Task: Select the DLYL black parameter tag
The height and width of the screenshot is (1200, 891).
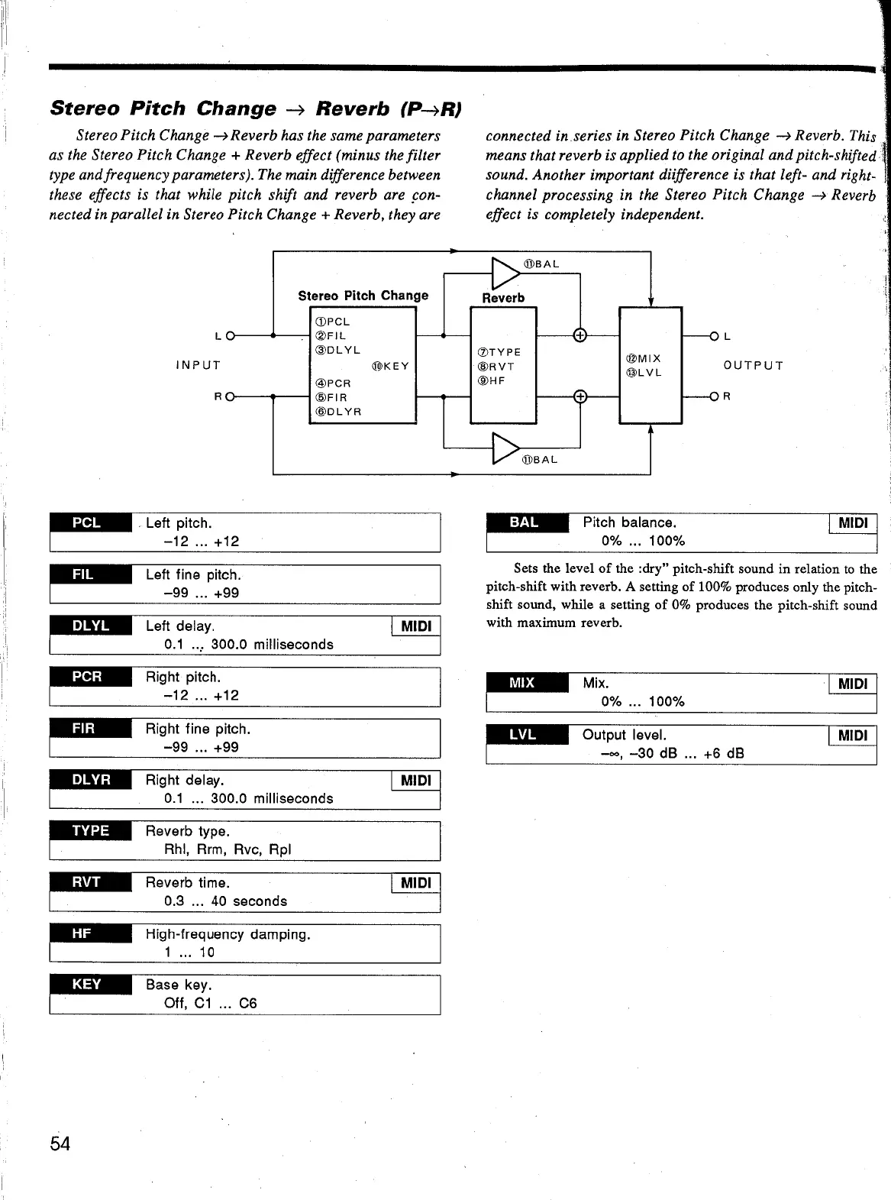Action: pos(90,626)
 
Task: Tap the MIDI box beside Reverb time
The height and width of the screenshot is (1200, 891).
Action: pos(415,883)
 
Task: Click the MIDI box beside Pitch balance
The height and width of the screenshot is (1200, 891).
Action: pos(852,523)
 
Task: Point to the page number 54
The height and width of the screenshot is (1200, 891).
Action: pos(60,1143)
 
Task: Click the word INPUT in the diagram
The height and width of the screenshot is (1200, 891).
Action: pos(199,365)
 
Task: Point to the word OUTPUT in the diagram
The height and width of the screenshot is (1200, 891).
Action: pos(754,365)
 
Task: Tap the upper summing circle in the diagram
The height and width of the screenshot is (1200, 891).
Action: pos(579,335)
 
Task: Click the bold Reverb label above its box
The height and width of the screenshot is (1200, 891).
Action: pos(503,298)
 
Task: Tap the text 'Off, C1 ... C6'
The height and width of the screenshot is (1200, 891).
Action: pos(211,1003)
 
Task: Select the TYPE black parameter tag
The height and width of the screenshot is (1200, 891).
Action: pos(90,831)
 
